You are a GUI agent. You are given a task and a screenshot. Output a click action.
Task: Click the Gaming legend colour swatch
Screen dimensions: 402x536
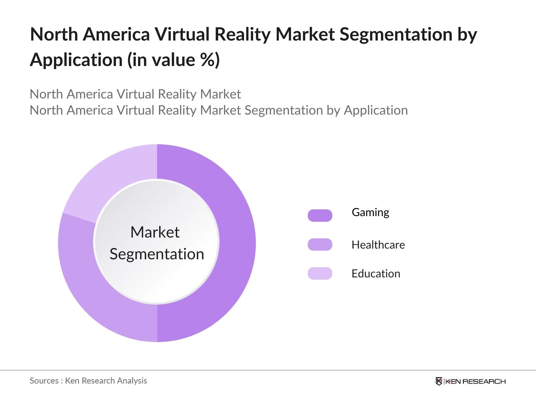coord(320,215)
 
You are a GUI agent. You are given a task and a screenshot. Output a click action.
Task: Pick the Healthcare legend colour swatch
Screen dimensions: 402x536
coord(320,245)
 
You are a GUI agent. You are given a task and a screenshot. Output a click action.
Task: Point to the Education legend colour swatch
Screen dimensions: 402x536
coord(320,273)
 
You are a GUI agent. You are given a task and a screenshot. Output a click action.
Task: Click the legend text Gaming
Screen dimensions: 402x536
coord(370,212)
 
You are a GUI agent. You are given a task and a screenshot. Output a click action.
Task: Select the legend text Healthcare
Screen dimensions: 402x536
coord(378,245)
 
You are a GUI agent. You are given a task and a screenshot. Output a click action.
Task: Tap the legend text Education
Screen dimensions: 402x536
coord(376,274)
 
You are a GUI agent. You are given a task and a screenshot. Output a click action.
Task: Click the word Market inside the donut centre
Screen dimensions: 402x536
coord(155,232)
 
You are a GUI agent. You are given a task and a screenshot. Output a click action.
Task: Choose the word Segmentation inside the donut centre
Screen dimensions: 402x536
coord(157,254)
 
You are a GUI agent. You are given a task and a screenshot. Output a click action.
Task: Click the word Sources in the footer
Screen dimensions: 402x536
coord(44,381)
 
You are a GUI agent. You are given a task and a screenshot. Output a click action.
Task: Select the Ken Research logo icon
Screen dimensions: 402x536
coord(439,381)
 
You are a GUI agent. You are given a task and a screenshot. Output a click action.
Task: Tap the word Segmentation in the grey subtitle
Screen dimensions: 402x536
coord(284,110)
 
